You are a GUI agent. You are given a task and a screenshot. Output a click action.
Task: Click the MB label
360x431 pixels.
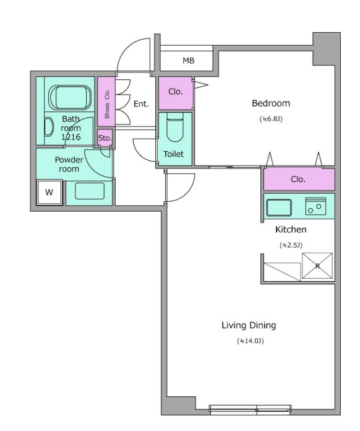(189, 61)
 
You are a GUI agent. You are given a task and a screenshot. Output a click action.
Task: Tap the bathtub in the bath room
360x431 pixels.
(69, 98)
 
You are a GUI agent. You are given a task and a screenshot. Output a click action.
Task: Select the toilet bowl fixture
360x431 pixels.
(175, 130)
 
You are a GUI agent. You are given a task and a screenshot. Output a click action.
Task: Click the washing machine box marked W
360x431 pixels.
(49, 192)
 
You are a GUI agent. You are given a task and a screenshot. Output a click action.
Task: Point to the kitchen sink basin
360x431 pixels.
(279, 207)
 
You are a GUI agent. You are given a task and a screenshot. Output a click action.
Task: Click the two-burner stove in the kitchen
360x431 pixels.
(316, 206)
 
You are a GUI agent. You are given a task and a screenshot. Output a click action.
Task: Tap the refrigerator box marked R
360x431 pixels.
(317, 266)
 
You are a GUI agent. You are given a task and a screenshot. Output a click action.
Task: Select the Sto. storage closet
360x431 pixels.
(105, 137)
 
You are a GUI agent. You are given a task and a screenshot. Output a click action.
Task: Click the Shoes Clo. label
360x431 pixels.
(107, 104)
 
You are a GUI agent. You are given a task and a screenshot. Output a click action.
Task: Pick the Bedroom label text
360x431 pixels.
(271, 103)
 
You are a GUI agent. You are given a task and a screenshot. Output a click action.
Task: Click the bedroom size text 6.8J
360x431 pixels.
(271, 119)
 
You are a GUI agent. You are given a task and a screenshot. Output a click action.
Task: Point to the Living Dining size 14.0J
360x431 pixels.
(250, 341)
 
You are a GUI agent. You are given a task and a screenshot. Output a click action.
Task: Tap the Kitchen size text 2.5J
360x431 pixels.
(291, 245)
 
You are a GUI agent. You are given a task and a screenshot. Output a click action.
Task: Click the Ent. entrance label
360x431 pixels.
(141, 104)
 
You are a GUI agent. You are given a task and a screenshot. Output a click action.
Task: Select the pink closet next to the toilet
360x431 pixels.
(176, 93)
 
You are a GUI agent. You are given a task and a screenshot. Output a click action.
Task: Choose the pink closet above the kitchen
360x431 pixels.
(299, 179)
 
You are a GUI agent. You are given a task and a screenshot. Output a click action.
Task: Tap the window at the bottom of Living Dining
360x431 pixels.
(250, 409)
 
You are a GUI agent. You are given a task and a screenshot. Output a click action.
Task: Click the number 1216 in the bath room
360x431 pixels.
(71, 137)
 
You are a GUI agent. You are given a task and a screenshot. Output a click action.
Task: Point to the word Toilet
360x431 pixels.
(173, 154)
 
